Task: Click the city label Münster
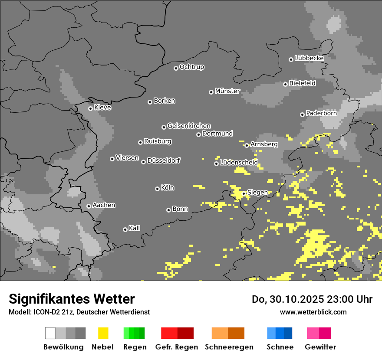[x=227, y=91]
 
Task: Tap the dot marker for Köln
[x=157, y=189]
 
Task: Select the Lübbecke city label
[x=309, y=58]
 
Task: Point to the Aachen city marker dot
[x=89, y=206]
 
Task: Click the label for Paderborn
[x=321, y=113]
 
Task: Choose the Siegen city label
[x=257, y=193]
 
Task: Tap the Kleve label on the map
[x=102, y=108]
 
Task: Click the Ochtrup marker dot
[x=176, y=68]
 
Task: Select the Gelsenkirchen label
[x=189, y=126]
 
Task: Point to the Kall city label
[x=134, y=228]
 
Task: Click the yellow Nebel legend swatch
[x=103, y=333]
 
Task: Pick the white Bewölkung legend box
[x=50, y=333]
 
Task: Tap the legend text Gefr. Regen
[x=177, y=347]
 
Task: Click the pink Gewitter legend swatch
[x=313, y=333]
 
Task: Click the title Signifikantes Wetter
[x=72, y=299]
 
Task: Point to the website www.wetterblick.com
[x=313, y=312]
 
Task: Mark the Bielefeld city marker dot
[x=285, y=84]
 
